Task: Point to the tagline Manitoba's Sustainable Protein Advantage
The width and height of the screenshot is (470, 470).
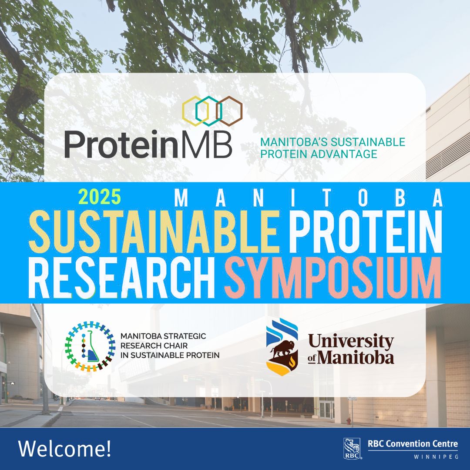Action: (x=332, y=148)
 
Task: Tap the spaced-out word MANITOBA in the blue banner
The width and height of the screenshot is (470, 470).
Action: (x=309, y=198)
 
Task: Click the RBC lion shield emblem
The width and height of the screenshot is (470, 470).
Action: (x=352, y=449)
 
